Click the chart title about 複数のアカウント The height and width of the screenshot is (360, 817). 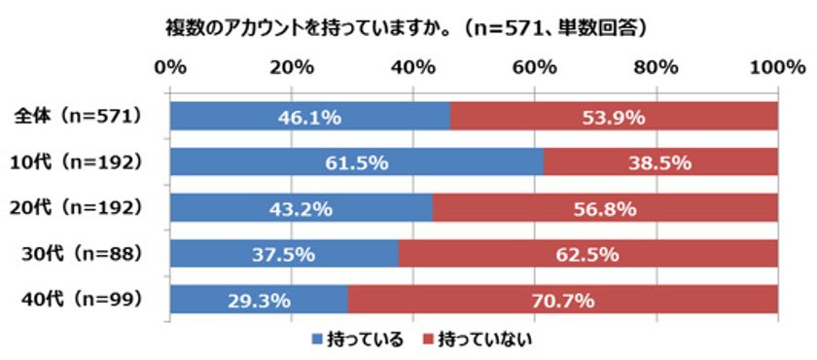407,28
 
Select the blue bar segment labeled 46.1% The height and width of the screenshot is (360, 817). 309,118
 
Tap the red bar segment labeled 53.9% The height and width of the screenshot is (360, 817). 613,118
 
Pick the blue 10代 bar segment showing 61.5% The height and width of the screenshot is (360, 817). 356,162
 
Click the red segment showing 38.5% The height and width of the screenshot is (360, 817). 659,162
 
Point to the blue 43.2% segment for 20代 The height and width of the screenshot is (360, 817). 301,208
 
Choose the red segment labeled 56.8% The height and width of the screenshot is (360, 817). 604,208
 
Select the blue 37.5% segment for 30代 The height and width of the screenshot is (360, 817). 284,254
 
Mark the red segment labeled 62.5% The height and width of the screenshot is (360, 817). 587,254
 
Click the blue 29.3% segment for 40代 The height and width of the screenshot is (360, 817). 259,300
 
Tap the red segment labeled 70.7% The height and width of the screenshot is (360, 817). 562,300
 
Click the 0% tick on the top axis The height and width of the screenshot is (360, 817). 170,67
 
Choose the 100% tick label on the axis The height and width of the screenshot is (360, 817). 776,67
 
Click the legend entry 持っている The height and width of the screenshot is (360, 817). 356,339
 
